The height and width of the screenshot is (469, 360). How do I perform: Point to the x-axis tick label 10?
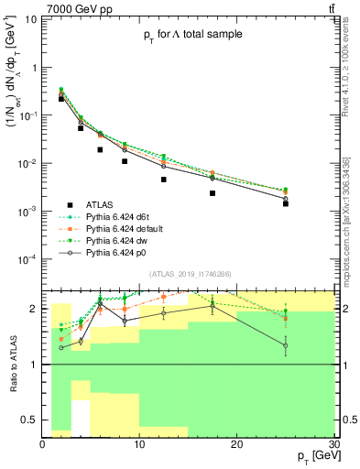pos(139,444)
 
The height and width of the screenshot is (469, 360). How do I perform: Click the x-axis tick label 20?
pos(236,444)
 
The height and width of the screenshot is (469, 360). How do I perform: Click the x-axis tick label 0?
pos(43,444)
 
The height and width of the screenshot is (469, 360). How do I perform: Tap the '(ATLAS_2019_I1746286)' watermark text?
pos(188,273)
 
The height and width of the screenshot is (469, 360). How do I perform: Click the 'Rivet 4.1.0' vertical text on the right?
pos(352,73)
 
